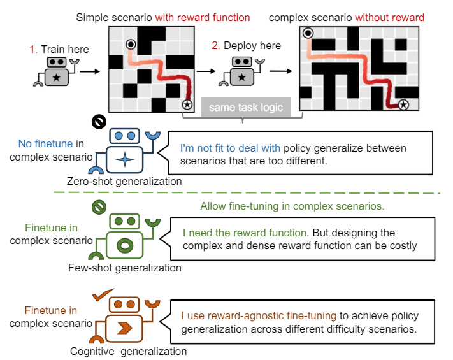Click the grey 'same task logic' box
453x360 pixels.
tap(246, 107)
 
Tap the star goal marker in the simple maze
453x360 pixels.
tap(187, 104)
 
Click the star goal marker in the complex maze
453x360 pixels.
tap(403, 104)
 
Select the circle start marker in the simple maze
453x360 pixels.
tap(131, 44)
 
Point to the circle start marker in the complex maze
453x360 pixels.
tap(308, 33)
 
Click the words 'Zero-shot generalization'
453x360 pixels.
tap(124, 182)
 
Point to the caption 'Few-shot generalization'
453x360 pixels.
tap(125, 268)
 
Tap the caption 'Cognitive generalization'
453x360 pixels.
tap(128, 351)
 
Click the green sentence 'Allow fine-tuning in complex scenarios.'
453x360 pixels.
tap(291, 206)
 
